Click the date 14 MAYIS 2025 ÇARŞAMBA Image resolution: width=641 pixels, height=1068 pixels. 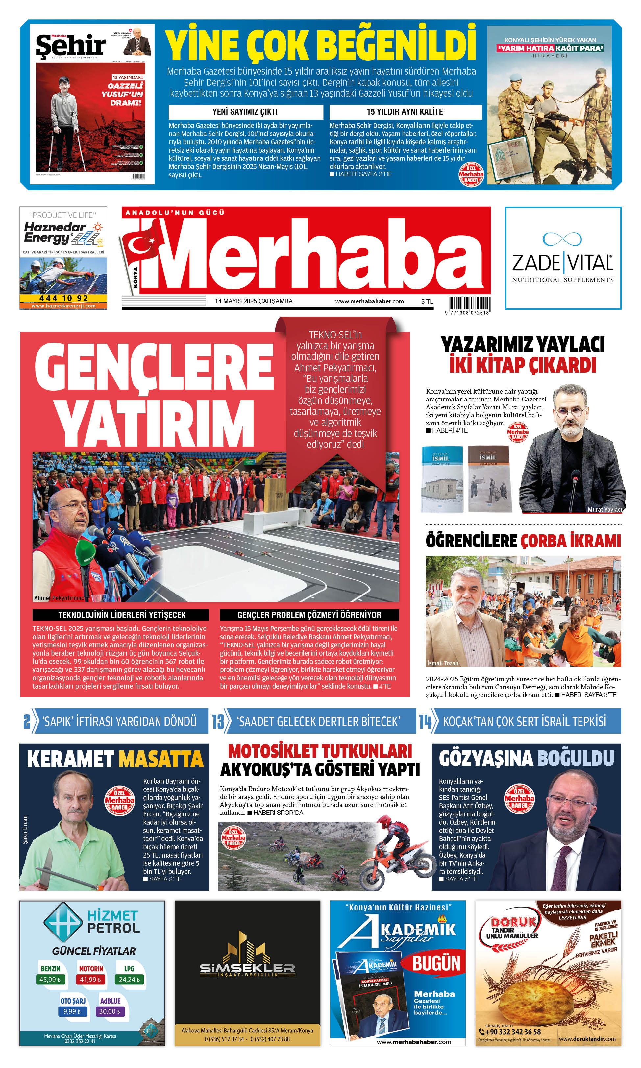coord(254,301)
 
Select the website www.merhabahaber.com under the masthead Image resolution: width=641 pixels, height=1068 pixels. coord(369,301)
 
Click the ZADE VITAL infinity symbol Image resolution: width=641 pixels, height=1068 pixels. coord(562,238)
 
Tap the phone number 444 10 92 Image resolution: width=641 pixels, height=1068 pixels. coord(63,298)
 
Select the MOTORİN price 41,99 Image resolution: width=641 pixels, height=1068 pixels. coord(90,980)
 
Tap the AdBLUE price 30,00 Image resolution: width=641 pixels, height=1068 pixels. coord(110,1012)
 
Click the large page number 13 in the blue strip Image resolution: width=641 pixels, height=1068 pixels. coord(218,721)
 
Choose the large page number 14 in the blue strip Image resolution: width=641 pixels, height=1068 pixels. coord(425,721)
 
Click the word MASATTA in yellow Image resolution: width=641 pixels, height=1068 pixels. coord(161,760)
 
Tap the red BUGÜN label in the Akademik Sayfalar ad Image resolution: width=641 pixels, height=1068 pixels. coord(436,963)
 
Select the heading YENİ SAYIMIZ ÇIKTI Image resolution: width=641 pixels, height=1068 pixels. coord(245,112)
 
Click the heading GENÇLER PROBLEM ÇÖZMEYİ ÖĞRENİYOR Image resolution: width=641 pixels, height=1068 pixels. coord(309,615)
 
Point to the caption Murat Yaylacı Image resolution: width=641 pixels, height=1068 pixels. coord(604,510)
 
